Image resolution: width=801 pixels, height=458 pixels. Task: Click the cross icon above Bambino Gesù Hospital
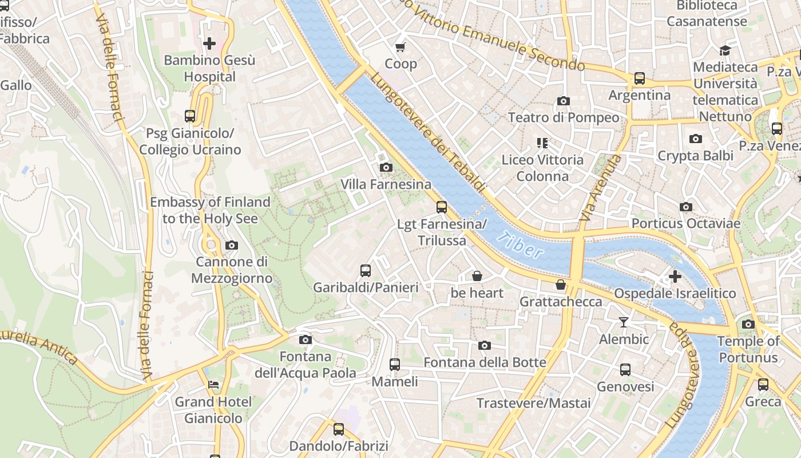[209, 43]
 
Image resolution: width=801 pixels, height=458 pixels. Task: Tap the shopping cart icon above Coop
[400, 47]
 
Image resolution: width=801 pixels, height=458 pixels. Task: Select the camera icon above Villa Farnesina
[386, 167]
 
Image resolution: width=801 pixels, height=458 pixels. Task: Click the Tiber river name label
[520, 245]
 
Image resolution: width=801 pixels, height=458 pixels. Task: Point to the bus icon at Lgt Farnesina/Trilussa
[442, 207]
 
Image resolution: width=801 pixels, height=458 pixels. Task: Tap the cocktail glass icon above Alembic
[624, 322]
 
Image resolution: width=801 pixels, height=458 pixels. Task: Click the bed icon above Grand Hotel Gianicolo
[213, 385]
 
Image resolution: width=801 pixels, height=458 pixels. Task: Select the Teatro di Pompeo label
[564, 118]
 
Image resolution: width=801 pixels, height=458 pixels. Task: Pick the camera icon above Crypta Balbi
[696, 139]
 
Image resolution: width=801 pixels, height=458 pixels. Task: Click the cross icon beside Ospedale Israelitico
[675, 277]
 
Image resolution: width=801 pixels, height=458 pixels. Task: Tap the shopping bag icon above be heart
[477, 276]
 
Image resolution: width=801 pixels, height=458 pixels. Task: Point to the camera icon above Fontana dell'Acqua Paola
[306, 339]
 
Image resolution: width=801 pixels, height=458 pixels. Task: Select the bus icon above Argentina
[640, 78]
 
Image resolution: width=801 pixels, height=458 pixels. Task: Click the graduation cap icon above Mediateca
[725, 50]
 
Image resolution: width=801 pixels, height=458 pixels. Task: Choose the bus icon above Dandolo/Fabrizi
[339, 429]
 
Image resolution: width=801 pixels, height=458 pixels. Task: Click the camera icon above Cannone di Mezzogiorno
[232, 245]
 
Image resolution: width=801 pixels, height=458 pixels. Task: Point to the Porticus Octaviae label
[685, 223]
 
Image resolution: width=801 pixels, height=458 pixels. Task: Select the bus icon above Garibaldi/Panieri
[366, 270]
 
